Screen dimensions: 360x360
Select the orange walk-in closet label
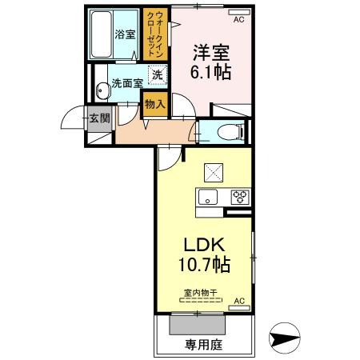[x=156, y=32]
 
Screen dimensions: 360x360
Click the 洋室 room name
[x=210, y=54]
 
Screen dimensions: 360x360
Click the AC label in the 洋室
[x=239, y=14]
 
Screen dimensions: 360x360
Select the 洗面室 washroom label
[x=126, y=82]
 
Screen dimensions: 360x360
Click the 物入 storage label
[x=155, y=104]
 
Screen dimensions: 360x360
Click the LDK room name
[x=203, y=245]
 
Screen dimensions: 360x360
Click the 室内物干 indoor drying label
[x=202, y=294]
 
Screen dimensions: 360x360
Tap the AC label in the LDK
[x=238, y=302]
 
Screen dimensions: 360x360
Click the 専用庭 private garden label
[x=203, y=346]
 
